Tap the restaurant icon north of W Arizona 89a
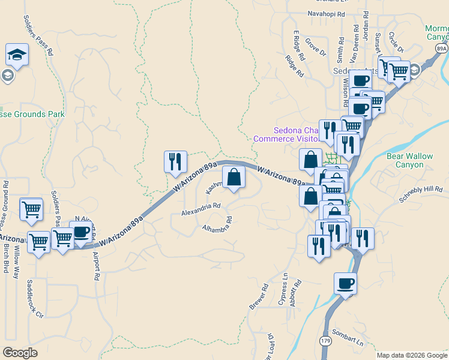click(175, 161)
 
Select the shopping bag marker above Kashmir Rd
click(234, 177)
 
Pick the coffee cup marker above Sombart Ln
click(345, 284)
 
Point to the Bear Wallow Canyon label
click(409, 160)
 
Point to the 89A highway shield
click(441, 49)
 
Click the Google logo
click(20, 352)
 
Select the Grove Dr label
click(315, 48)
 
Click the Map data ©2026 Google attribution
click(411, 355)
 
